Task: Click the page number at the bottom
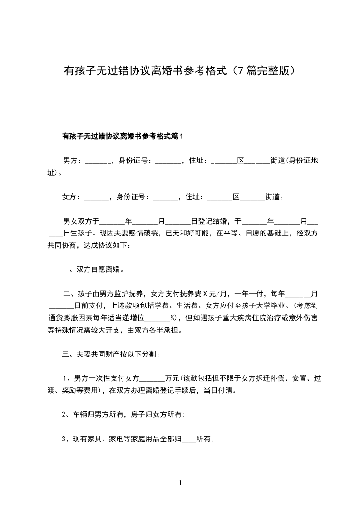(180, 483)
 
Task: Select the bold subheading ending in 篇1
(122, 136)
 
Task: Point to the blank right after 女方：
(97, 197)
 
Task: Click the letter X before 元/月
(205, 294)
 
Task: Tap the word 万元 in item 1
(173, 378)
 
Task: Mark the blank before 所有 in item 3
(189, 439)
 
